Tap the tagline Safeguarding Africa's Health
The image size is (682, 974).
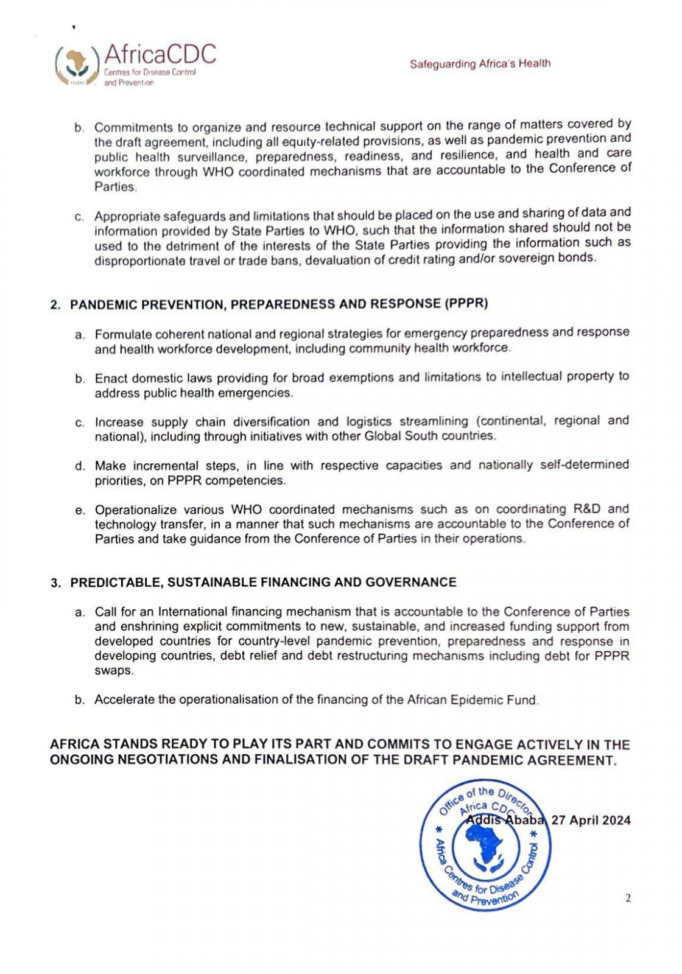pos(480,63)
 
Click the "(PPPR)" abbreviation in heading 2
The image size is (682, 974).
pos(466,303)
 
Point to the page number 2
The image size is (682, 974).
pos(628,898)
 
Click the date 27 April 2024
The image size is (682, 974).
pos(591,820)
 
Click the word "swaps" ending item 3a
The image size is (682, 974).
pos(113,671)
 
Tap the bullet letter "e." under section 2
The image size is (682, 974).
pos(80,510)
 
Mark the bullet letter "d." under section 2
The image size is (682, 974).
pos(80,466)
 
